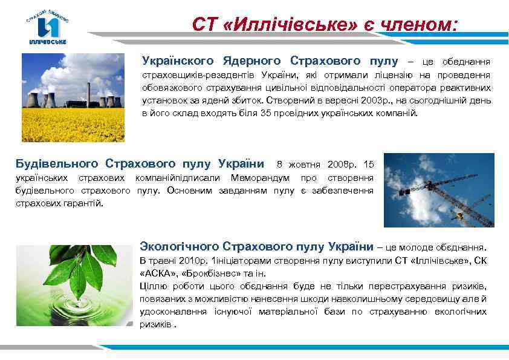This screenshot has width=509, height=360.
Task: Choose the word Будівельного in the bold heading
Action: coord(57,164)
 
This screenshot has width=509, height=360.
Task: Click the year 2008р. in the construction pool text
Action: coord(343,165)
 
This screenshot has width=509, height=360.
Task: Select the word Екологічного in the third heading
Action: coord(179,247)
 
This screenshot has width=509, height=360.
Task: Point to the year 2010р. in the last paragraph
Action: coord(192,261)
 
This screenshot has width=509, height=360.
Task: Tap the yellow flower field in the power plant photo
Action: coord(73,123)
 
